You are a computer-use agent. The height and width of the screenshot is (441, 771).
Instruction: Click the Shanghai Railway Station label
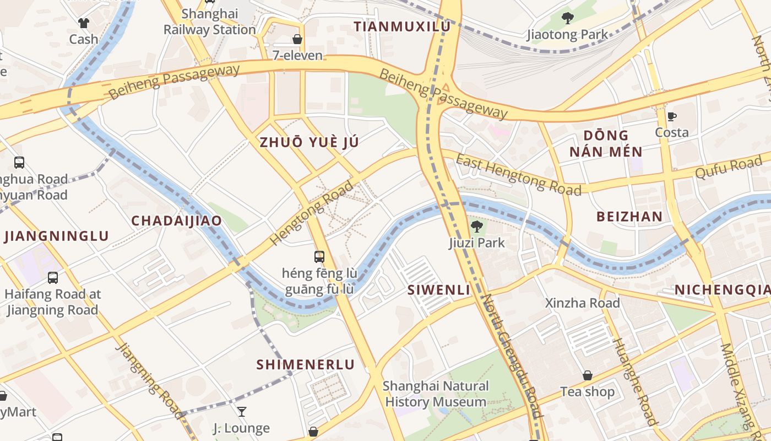click(x=209, y=21)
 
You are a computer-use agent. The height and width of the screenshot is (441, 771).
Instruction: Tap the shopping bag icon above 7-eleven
click(x=297, y=39)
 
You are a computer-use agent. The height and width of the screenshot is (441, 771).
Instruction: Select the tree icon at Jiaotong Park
click(x=567, y=19)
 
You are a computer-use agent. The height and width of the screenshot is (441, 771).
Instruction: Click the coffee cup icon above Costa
click(x=671, y=116)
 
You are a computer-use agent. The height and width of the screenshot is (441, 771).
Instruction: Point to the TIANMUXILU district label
click(x=402, y=26)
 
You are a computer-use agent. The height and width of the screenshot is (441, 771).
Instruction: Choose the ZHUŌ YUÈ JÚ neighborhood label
click(x=309, y=142)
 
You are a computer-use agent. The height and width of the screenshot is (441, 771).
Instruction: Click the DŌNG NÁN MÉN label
click(x=606, y=143)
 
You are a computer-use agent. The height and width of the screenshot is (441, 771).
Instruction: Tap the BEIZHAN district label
click(x=629, y=216)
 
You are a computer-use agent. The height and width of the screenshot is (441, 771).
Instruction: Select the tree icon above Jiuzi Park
click(x=477, y=226)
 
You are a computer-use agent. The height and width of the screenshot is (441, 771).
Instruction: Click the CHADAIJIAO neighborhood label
click(x=176, y=221)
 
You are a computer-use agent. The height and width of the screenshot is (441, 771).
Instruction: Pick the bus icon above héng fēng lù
click(x=319, y=256)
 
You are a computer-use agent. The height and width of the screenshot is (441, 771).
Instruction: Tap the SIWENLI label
click(x=439, y=290)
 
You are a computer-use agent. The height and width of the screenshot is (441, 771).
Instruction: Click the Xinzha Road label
click(x=582, y=303)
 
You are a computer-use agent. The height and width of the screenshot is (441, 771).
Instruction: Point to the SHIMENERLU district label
click(x=306, y=364)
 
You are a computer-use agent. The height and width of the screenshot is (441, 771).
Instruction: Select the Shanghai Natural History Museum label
click(x=436, y=394)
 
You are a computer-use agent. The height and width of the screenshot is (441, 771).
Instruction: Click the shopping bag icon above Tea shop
click(x=588, y=375)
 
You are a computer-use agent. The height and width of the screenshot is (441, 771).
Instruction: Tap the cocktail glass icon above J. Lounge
click(x=241, y=411)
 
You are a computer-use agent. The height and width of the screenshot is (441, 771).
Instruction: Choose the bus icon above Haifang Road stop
click(x=53, y=278)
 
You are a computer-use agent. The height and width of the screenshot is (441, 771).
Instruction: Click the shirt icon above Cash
click(x=83, y=23)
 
